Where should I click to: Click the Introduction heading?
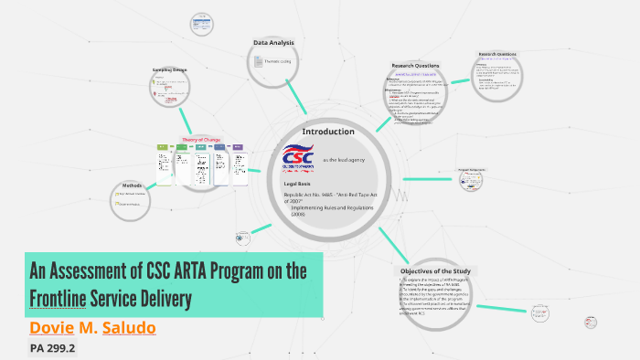(327, 132)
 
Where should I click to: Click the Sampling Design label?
(169, 69)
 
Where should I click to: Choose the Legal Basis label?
(299, 185)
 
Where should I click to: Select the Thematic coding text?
(278, 61)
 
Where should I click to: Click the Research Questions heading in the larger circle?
(416, 67)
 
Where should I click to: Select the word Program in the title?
(246, 271)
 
